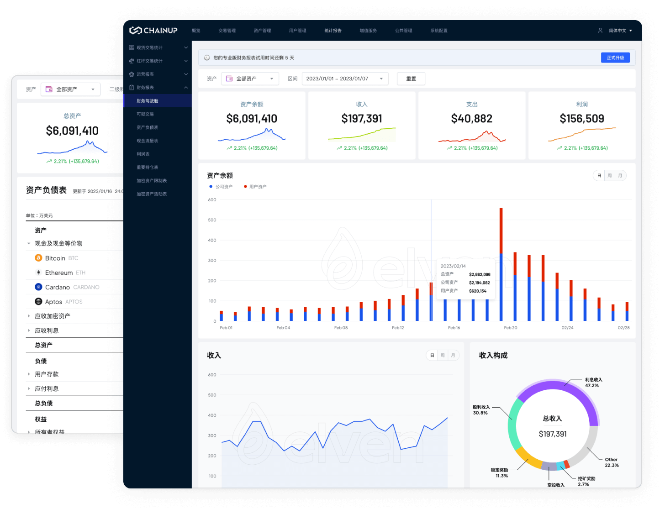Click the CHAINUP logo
click(153, 31)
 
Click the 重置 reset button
click(411, 79)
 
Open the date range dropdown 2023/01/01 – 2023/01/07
click(345, 79)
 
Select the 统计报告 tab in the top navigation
click(333, 31)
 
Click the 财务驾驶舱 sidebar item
click(148, 101)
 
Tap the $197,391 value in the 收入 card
click(362, 119)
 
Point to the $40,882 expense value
click(472, 119)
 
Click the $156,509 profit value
click(582, 119)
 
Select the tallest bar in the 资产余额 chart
click(501, 265)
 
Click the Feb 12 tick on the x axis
click(398, 328)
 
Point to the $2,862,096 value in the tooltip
click(480, 274)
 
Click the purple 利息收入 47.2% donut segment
click(580, 393)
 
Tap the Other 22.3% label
click(612, 462)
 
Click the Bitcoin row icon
click(39, 258)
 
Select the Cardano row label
click(58, 287)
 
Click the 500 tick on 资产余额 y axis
click(212, 220)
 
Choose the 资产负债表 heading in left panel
click(46, 190)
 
